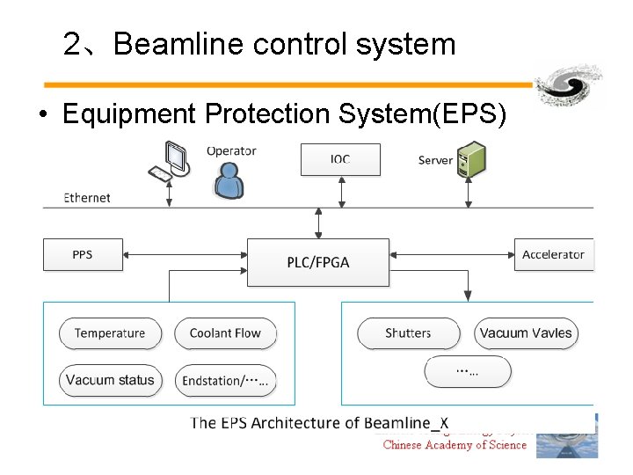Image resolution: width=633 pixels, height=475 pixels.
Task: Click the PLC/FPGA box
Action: tap(317, 262)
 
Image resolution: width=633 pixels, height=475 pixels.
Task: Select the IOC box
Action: tap(340, 159)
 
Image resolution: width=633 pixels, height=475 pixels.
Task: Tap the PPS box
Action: tap(82, 255)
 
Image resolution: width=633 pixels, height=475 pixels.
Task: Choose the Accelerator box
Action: tap(553, 255)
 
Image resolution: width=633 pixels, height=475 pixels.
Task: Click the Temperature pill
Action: tap(110, 333)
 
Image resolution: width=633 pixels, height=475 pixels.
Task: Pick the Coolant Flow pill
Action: tap(225, 333)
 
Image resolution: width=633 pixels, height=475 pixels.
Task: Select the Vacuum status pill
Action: tap(110, 380)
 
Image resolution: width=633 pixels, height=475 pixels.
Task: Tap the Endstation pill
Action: tap(225, 381)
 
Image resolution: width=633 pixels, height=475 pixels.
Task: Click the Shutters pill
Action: tap(408, 333)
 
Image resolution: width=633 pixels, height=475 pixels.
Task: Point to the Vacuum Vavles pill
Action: tap(526, 333)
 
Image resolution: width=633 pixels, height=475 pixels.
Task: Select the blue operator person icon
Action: tap(229, 180)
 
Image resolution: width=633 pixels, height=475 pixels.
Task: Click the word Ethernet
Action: tap(87, 198)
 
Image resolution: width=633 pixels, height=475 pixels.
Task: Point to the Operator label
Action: tap(231, 150)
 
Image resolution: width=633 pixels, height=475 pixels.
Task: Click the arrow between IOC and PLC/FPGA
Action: tap(318, 223)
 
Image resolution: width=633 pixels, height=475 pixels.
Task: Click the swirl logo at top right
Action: tap(570, 86)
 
